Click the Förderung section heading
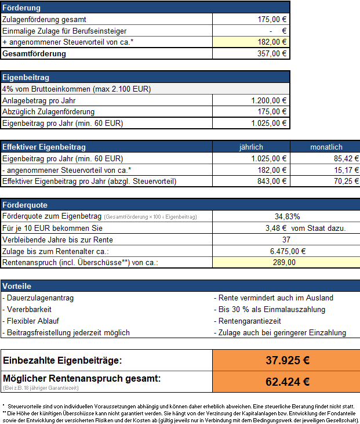click(x=22, y=8)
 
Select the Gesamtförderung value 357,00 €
click(x=272, y=53)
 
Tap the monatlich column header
click(x=326, y=147)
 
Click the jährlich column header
click(x=251, y=147)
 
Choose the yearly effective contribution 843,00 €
click(x=272, y=182)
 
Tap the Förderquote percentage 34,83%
click(x=287, y=216)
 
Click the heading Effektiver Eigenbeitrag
click(x=44, y=147)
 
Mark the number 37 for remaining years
click(x=286, y=240)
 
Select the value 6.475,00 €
click(x=288, y=251)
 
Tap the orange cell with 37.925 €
click(x=287, y=360)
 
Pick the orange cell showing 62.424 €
click(x=287, y=382)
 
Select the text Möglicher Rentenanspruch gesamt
click(x=82, y=379)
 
